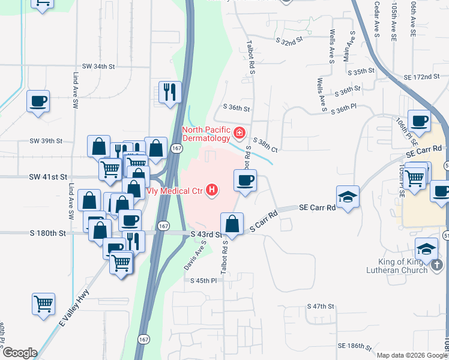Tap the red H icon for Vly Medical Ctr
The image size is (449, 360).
click(211, 191)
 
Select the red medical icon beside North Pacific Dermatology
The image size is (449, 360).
click(239, 131)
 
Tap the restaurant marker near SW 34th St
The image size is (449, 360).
click(170, 92)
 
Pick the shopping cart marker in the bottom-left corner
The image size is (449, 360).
click(43, 304)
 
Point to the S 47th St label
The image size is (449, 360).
click(320, 306)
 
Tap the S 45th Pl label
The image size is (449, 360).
click(203, 281)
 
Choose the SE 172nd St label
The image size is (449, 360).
click(418, 77)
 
